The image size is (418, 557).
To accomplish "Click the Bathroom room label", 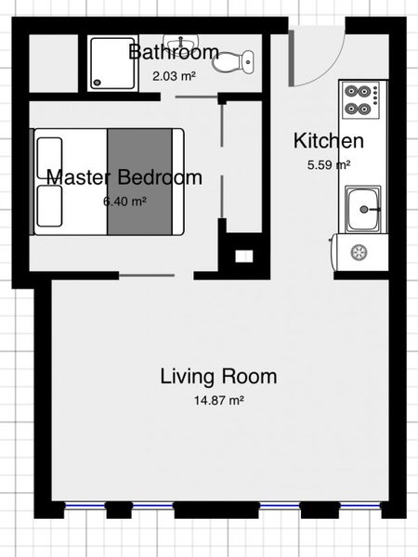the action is (174, 52).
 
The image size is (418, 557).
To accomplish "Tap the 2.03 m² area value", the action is (175, 76).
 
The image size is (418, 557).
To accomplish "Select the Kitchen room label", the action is (329, 141).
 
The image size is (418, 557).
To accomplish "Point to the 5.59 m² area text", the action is (329, 165).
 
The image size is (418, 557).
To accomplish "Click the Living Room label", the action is (218, 377).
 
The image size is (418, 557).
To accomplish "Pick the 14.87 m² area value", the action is (218, 400).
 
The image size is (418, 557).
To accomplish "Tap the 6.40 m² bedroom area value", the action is (124, 201).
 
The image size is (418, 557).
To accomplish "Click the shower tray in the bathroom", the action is (112, 63).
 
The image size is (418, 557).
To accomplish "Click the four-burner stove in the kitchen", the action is (360, 100).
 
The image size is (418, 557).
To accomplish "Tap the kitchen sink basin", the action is (363, 209).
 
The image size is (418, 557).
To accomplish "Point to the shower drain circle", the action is (97, 83).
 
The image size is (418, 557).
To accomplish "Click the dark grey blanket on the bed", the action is (139, 182).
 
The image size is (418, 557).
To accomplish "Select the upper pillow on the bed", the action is (50, 158).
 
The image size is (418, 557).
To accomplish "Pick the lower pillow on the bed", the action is (50, 206).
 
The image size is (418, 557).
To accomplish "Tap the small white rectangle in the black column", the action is (244, 256).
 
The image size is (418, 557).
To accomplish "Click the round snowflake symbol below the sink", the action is (359, 253).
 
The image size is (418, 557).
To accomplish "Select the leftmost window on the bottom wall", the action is (85, 504).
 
